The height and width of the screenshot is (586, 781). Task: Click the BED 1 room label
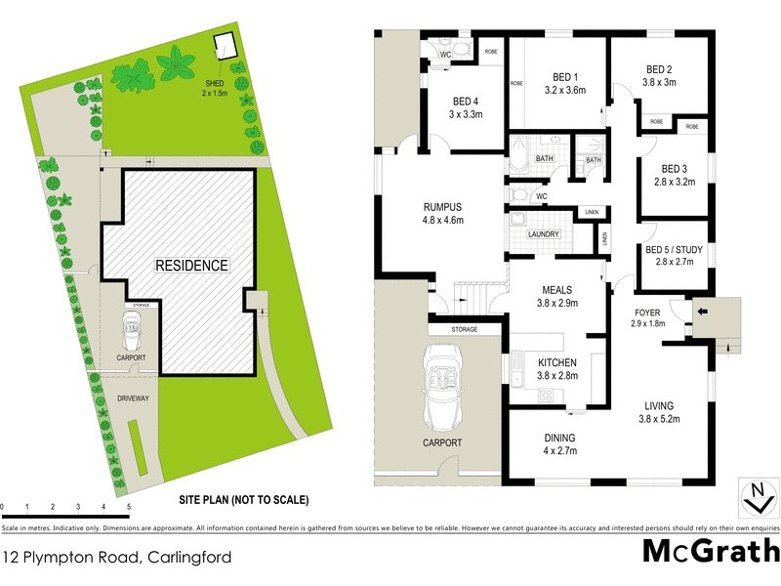tap(565, 78)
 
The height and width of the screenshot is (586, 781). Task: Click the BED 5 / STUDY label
tap(673, 249)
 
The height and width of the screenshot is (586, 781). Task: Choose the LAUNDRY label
tap(542, 234)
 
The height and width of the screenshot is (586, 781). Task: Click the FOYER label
tap(646, 313)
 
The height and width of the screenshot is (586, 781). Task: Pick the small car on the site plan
tap(132, 333)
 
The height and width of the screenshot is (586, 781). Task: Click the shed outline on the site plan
tap(226, 46)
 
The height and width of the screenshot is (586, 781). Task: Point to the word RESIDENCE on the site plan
tap(190, 266)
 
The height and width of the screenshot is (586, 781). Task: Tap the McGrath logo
tap(710, 552)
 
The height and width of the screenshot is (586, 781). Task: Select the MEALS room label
tap(557, 290)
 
